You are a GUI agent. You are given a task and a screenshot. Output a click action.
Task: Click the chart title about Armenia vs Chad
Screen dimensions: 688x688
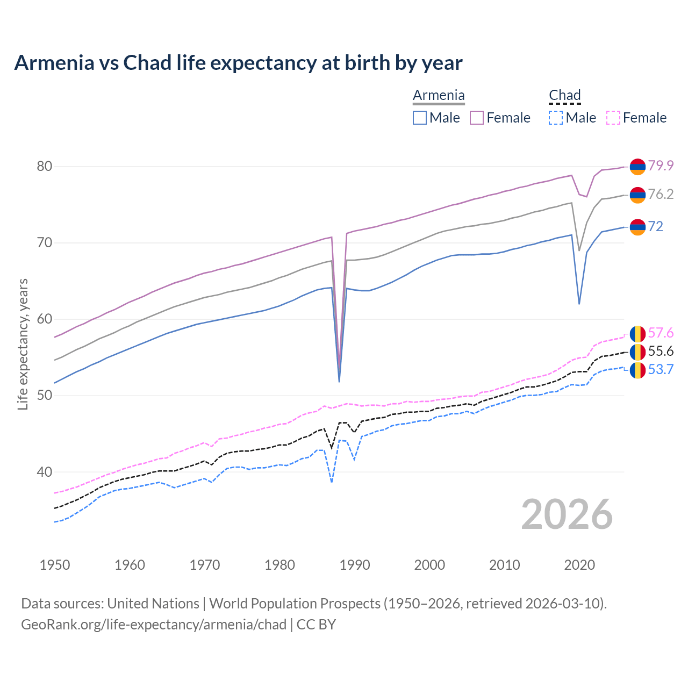[238, 63]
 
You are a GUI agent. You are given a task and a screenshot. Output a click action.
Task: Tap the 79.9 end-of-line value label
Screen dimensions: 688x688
[661, 166]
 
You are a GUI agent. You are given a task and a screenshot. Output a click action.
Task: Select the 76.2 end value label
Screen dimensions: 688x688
[661, 194]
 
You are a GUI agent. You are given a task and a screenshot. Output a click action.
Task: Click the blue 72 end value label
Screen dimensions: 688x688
[656, 226]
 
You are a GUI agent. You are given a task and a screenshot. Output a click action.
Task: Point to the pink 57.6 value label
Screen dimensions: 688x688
[661, 333]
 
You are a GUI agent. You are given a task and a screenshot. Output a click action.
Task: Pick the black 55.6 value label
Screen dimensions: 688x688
[661, 351]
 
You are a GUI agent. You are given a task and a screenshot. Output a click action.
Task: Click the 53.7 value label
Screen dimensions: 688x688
[661, 369]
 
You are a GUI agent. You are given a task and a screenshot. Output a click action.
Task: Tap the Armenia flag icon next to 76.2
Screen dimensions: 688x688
[637, 195]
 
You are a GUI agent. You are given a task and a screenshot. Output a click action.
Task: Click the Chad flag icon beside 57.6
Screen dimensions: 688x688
[637, 334]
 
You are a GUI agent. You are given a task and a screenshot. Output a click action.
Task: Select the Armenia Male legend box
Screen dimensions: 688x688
[420, 118]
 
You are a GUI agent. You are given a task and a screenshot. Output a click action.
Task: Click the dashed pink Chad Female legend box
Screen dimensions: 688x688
[613, 118]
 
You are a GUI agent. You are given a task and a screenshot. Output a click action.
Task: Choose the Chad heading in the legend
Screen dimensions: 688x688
[564, 96]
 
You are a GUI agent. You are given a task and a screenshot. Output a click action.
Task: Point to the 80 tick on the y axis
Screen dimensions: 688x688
[45, 166]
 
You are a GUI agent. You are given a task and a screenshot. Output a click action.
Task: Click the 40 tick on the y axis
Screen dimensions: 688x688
[45, 472]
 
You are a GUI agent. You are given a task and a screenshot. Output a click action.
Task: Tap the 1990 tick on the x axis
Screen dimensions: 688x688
[355, 565]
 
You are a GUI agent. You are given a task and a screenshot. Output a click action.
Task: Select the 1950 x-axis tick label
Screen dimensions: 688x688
[55, 565]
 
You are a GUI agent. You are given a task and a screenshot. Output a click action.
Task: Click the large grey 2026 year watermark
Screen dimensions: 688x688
[567, 514]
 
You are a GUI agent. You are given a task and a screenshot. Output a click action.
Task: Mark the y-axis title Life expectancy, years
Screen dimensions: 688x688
[23, 344]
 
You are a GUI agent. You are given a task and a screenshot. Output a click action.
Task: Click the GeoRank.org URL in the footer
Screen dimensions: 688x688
[154, 625]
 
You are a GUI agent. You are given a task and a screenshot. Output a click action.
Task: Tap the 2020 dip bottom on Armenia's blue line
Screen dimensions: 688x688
[579, 304]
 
